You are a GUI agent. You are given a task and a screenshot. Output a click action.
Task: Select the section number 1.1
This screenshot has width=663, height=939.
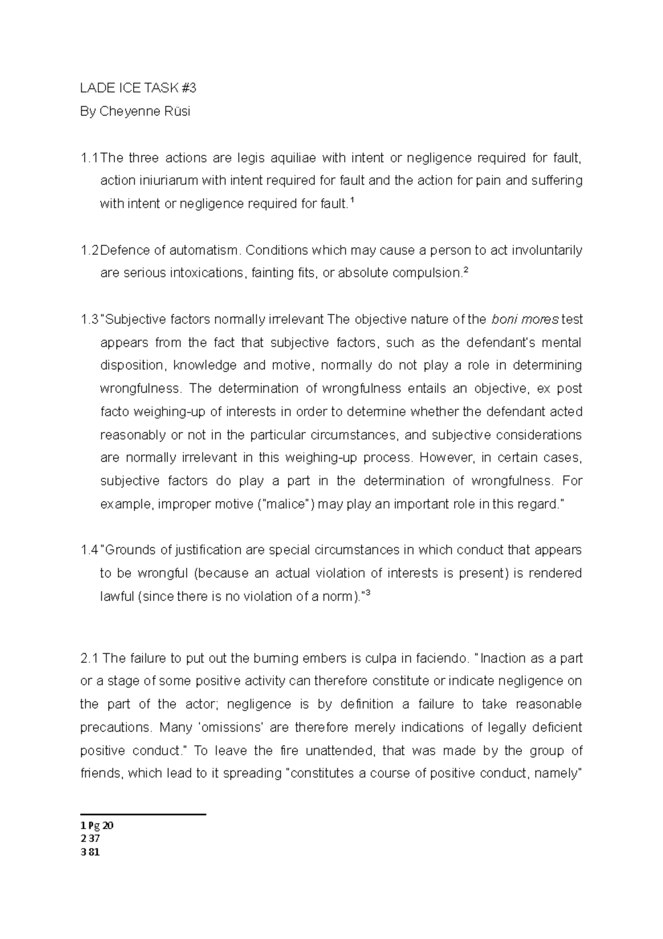(89, 158)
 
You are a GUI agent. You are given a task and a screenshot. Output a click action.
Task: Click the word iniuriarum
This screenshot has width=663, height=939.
(165, 181)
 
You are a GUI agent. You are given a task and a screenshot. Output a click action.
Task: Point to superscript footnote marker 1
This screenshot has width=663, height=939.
(352, 201)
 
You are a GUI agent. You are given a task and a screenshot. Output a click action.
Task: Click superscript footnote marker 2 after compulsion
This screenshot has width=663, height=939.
(465, 270)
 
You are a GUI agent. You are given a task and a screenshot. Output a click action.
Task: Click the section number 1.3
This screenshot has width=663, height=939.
(89, 320)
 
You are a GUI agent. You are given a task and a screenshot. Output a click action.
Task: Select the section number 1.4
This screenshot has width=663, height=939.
(89, 550)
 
